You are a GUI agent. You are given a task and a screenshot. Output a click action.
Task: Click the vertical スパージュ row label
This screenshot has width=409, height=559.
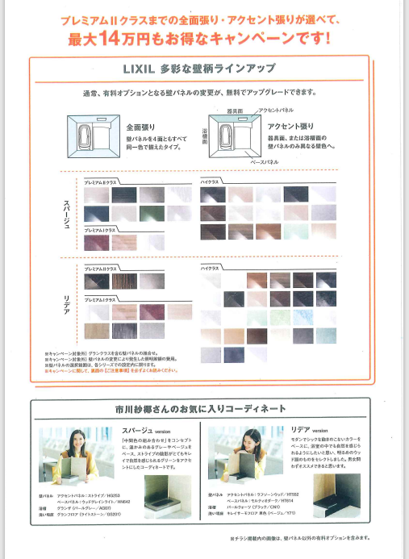coord(67,214)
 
